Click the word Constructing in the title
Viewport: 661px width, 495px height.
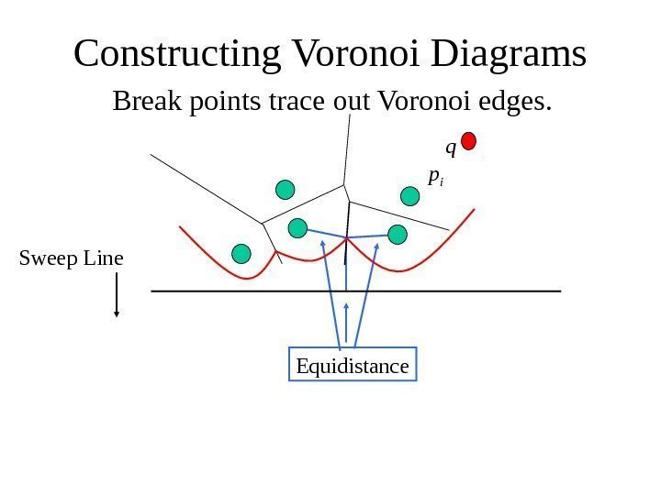(176, 54)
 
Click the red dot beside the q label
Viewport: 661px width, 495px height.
(468, 140)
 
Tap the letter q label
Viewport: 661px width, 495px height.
(450, 147)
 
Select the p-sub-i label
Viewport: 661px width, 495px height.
(435, 176)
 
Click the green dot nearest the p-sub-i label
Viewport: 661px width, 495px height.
(409, 194)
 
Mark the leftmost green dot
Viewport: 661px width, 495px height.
(241, 253)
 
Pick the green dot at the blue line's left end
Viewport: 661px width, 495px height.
(297, 227)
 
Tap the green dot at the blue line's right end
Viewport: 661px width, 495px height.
(398, 235)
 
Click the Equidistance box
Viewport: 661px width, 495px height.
(353, 367)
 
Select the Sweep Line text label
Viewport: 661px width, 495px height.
(72, 258)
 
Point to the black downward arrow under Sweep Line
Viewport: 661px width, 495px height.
(117, 295)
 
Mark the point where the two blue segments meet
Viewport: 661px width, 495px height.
(346, 238)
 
